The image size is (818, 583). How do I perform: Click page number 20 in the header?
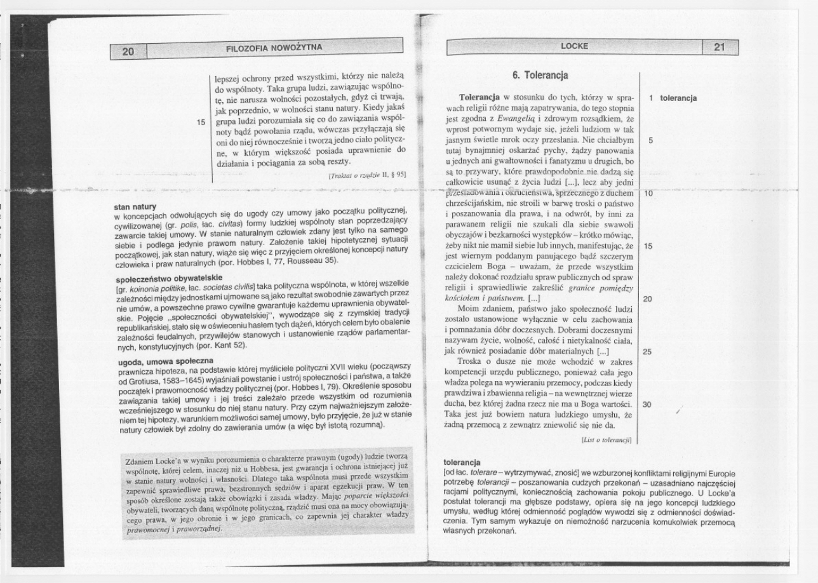tap(128, 51)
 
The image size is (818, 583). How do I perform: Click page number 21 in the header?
tap(719, 46)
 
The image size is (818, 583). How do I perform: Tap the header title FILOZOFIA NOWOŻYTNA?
tap(274, 47)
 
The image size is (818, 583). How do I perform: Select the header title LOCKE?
tap(574, 46)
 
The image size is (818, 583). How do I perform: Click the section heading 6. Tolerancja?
tap(540, 76)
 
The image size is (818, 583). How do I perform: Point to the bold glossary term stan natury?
tap(135, 206)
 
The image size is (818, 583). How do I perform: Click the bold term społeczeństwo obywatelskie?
tap(168, 278)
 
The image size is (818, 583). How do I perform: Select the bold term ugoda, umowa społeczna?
tap(164, 360)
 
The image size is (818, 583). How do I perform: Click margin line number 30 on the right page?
tap(647, 404)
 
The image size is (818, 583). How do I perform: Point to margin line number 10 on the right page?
tap(648, 193)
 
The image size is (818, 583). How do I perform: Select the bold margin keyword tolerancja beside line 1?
tap(678, 98)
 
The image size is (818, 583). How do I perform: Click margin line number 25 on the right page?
tap(647, 351)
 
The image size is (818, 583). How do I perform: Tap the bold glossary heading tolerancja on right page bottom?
tap(462, 462)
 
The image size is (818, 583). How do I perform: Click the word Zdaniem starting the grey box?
tap(140, 461)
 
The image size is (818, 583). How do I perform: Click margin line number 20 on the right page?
tap(647, 298)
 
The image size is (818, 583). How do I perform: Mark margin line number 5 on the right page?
tap(650, 140)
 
